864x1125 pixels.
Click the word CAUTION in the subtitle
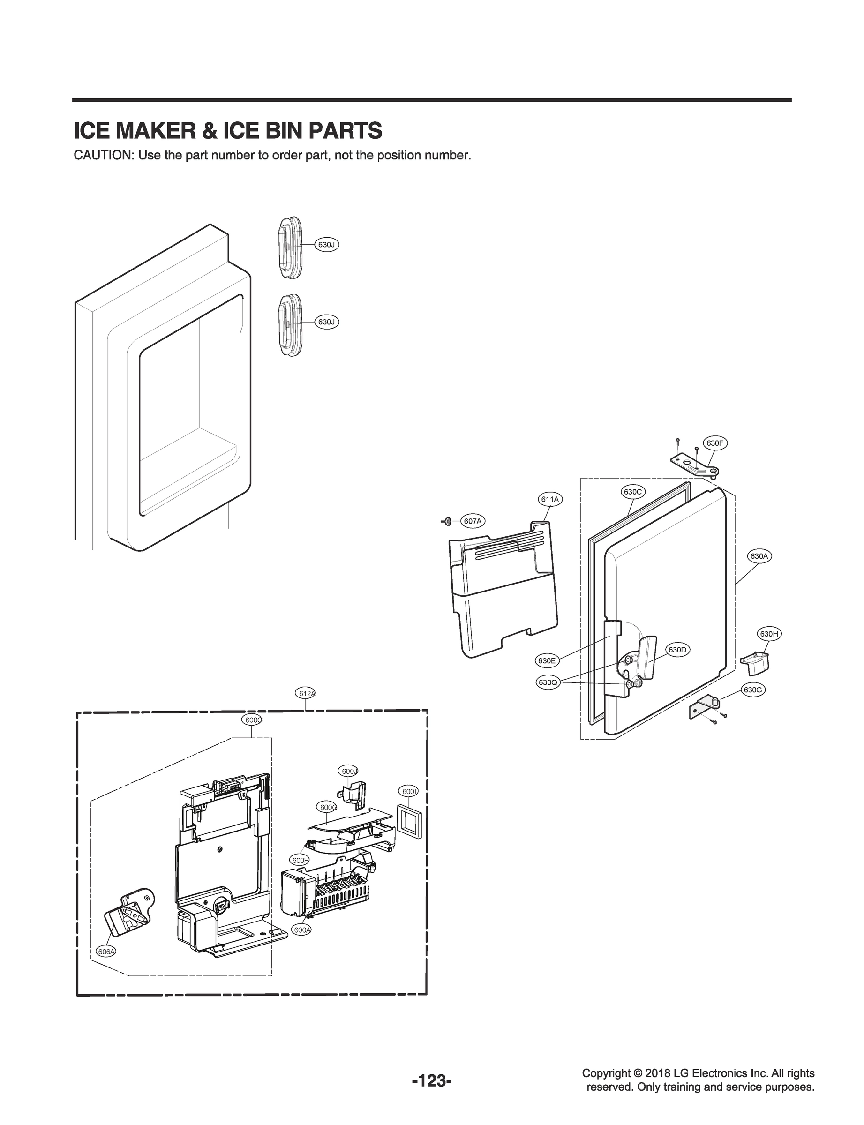pyautogui.click(x=103, y=155)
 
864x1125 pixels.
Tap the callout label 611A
pyautogui.click(x=550, y=499)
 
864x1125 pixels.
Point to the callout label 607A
pyautogui.click(x=473, y=521)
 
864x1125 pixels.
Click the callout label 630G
pyautogui.click(x=752, y=690)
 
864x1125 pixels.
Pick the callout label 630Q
pyautogui.click(x=548, y=683)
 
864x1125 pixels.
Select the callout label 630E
pyautogui.click(x=546, y=660)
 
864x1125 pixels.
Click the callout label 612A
pyautogui.click(x=307, y=693)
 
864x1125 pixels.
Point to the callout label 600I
pyautogui.click(x=409, y=791)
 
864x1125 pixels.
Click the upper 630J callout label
pyautogui.click(x=327, y=245)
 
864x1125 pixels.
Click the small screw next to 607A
pyautogui.click(x=447, y=521)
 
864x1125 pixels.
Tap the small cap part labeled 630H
pyautogui.click(x=753, y=663)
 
